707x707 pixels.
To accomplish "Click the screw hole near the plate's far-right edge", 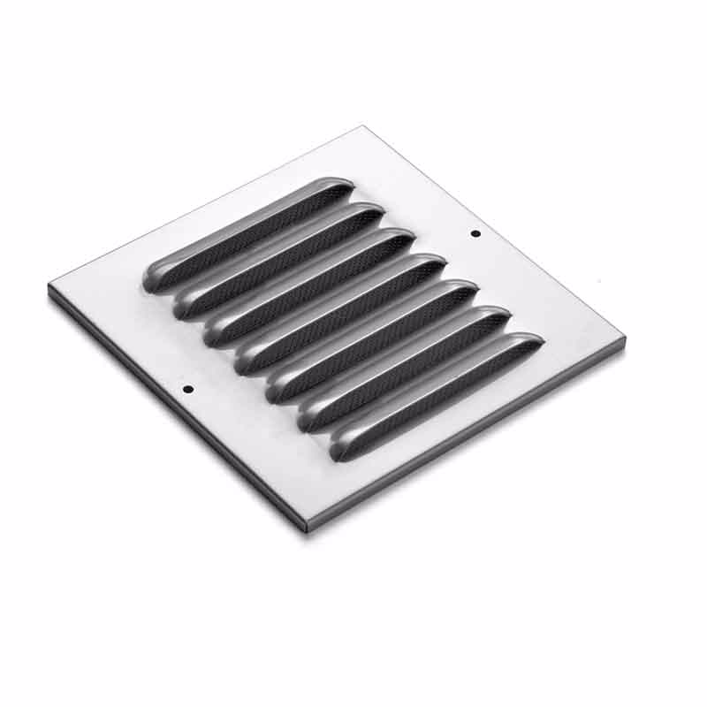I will (475, 233).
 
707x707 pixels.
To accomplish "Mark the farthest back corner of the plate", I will (363, 127).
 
